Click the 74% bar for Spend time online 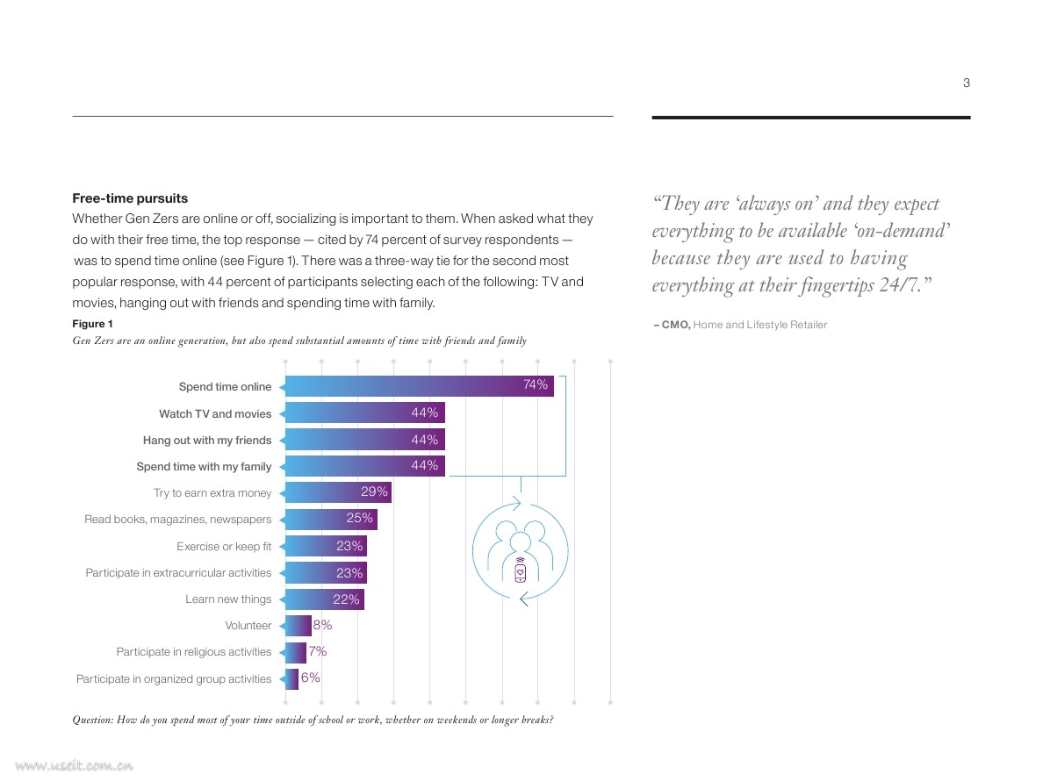click(418, 385)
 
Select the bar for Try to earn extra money click(336, 492)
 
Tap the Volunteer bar click(296, 625)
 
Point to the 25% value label click(359, 518)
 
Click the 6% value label click(311, 678)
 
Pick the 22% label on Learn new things click(346, 599)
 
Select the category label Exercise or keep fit click(224, 547)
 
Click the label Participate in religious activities click(193, 651)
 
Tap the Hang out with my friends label click(207, 441)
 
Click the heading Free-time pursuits click(130, 198)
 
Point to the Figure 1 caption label click(92, 324)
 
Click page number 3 click(967, 83)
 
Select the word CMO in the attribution click(675, 325)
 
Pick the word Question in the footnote click(92, 721)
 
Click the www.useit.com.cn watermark click(74, 766)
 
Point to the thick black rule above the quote click(811, 118)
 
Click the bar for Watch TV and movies click(363, 413)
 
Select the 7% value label click(317, 651)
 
